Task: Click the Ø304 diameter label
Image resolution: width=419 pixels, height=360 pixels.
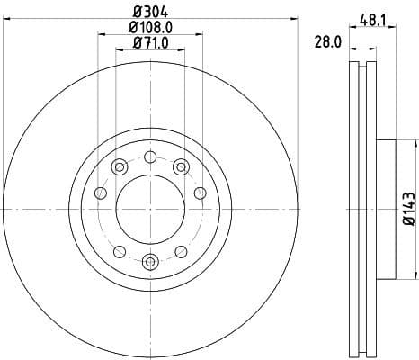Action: tap(151, 11)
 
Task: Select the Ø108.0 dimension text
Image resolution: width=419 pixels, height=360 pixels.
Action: tap(151, 27)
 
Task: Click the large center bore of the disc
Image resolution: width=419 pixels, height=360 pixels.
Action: tap(151, 209)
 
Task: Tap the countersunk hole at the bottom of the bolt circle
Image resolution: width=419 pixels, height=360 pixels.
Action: tap(151, 262)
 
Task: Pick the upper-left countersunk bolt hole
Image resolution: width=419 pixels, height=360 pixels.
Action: tap(120, 166)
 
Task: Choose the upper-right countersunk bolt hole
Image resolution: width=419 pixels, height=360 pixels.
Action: tap(182, 166)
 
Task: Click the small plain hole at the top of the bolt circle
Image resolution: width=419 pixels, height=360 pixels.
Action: tap(151, 156)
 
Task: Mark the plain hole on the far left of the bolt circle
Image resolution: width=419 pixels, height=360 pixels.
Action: tap(101, 193)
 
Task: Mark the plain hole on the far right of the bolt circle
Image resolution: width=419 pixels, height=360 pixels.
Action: tap(201, 193)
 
